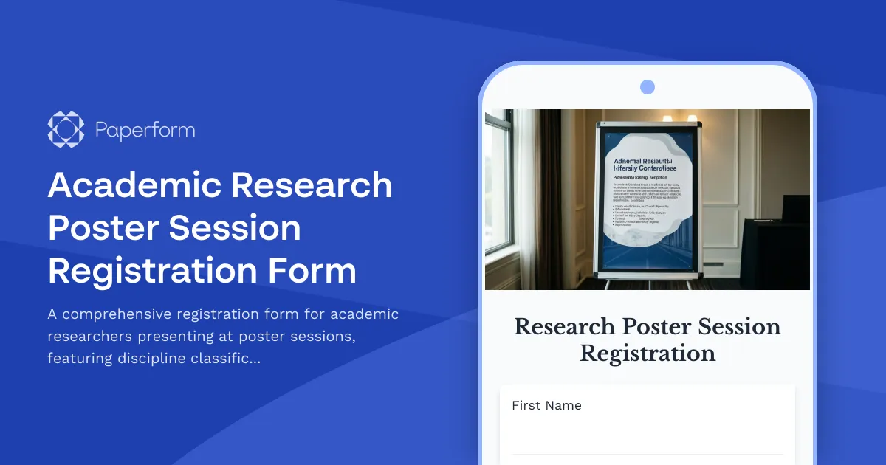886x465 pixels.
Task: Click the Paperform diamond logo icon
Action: tap(66, 129)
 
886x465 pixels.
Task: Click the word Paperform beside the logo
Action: tap(145, 131)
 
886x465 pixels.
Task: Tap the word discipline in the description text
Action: tap(151, 359)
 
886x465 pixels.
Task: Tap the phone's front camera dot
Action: tap(648, 87)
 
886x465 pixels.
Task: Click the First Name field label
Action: tap(546, 405)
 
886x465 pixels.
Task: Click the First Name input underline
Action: tap(647, 454)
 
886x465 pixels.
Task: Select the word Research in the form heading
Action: tap(564, 326)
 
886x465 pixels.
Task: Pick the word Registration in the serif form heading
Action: tap(648, 353)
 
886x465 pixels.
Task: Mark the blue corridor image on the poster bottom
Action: tap(648, 255)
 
